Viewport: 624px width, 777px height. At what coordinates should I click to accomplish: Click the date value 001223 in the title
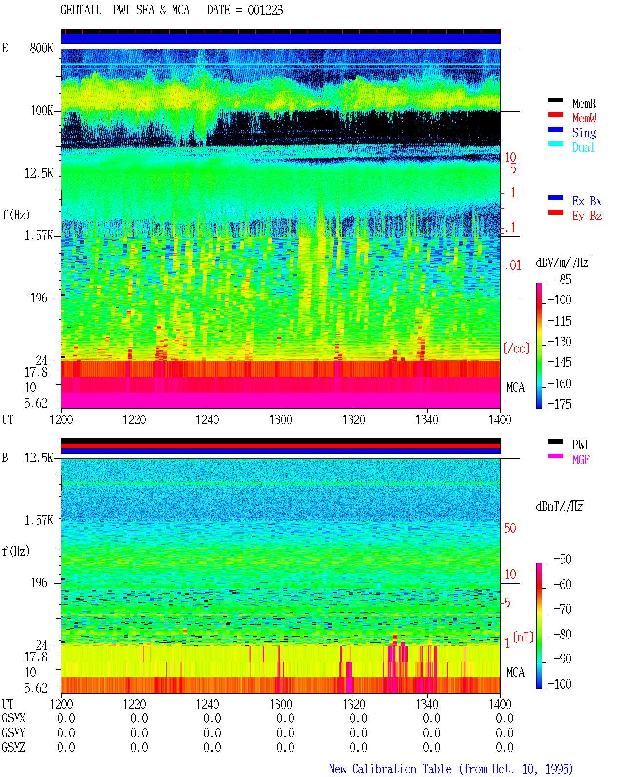[265, 10]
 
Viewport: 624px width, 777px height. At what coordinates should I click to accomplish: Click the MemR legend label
[584, 103]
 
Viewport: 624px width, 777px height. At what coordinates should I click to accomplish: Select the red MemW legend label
[584, 118]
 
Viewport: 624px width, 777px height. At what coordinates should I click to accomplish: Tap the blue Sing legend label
[584, 133]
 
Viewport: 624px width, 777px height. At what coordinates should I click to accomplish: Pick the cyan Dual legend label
[583, 147]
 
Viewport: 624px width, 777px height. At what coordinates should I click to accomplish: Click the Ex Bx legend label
[586, 201]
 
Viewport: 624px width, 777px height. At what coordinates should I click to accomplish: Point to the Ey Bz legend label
[586, 216]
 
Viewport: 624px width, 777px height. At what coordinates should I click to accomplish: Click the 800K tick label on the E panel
[41, 48]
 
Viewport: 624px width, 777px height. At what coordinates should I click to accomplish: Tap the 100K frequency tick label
[41, 111]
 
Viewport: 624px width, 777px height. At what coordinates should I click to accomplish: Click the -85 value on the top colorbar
[563, 279]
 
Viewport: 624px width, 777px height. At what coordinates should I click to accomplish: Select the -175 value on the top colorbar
[560, 404]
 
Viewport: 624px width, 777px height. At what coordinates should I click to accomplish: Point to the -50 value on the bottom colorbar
[563, 559]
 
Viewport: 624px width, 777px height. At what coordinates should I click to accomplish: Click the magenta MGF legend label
[581, 459]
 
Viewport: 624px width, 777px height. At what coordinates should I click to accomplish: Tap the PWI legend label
[580, 445]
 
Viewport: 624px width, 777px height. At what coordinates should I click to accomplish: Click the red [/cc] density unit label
[516, 348]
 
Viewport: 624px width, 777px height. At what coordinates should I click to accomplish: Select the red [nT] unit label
[523, 637]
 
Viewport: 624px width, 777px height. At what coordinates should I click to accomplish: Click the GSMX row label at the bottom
[14, 718]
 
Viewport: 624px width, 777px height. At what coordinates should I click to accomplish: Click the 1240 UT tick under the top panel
[208, 419]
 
